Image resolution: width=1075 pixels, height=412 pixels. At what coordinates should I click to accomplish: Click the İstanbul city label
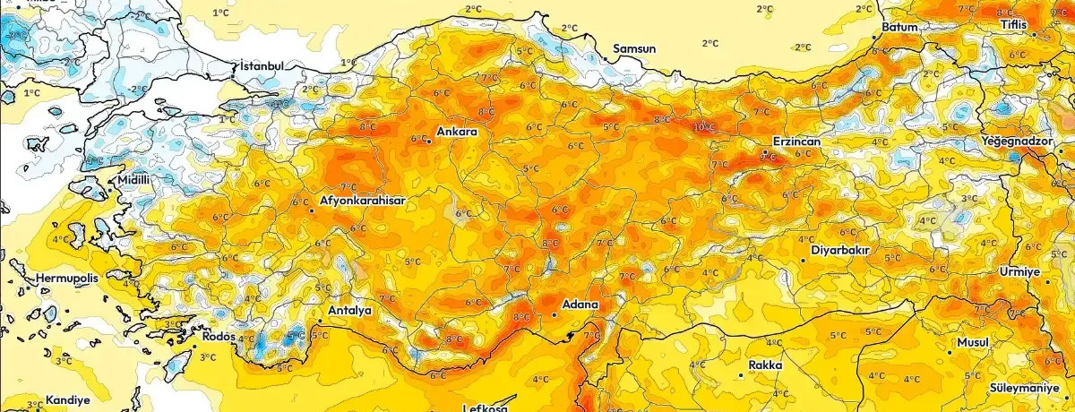tap(262, 66)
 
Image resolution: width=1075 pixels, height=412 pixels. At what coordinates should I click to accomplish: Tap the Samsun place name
tap(634, 48)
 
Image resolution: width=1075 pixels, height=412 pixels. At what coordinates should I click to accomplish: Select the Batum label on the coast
tap(900, 28)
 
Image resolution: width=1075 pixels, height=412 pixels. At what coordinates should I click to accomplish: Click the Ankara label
tap(456, 133)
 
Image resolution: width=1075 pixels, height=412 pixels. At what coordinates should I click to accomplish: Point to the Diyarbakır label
tap(840, 251)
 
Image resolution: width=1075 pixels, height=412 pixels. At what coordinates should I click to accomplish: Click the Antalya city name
tap(350, 311)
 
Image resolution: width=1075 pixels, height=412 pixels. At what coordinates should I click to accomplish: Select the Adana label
tap(580, 305)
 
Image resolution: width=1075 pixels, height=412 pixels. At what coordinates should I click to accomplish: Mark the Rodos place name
tap(219, 337)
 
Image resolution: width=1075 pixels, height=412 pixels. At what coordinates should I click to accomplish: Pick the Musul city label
tap(972, 343)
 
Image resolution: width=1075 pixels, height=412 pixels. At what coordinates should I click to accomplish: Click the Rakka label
tap(765, 365)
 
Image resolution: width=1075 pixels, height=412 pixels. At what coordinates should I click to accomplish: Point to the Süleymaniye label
tap(1030, 388)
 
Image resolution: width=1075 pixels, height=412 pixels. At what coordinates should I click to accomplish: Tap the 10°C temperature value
tap(704, 127)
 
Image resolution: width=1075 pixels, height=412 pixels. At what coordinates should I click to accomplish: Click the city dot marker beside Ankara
tap(428, 141)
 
